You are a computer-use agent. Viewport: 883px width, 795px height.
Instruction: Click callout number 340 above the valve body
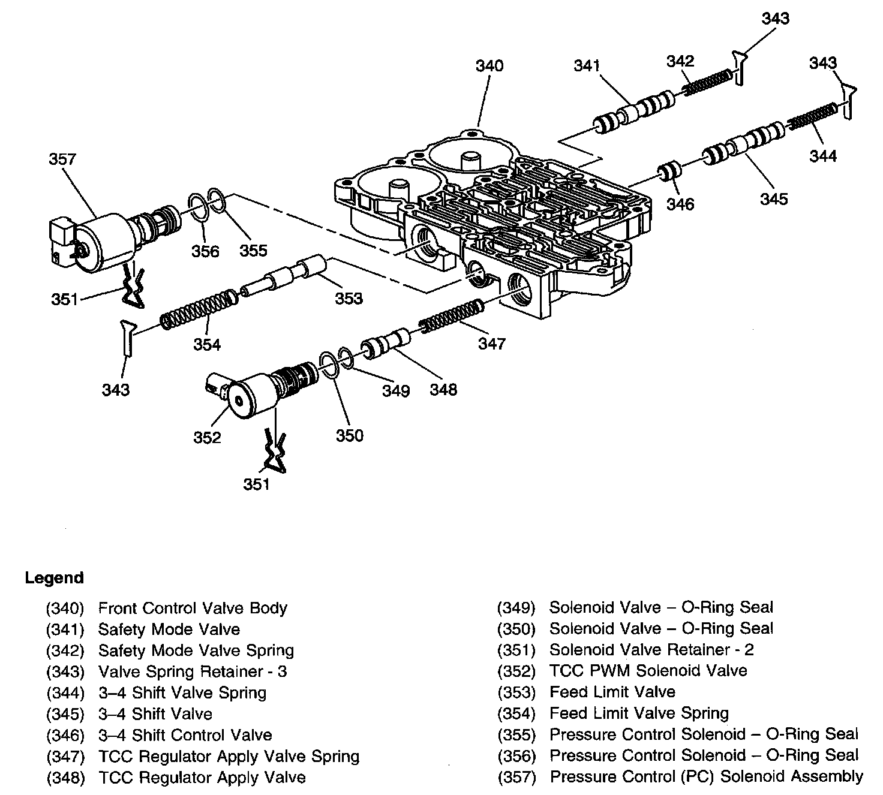click(489, 65)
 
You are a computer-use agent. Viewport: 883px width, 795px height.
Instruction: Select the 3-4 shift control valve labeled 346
click(669, 172)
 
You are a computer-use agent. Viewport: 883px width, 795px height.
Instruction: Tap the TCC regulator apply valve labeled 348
click(385, 347)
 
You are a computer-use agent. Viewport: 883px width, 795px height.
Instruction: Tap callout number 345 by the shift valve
click(774, 198)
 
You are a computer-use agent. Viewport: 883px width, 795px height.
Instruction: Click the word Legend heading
click(54, 578)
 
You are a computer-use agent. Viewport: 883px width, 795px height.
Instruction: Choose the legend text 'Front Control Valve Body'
click(193, 608)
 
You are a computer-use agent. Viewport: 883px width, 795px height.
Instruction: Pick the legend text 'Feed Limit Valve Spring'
click(639, 713)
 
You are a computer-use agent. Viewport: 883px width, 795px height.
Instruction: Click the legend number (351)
click(516, 650)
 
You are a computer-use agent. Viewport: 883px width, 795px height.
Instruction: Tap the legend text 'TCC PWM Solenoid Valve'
click(648, 671)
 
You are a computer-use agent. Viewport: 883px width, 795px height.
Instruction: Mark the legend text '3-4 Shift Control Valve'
click(185, 735)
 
